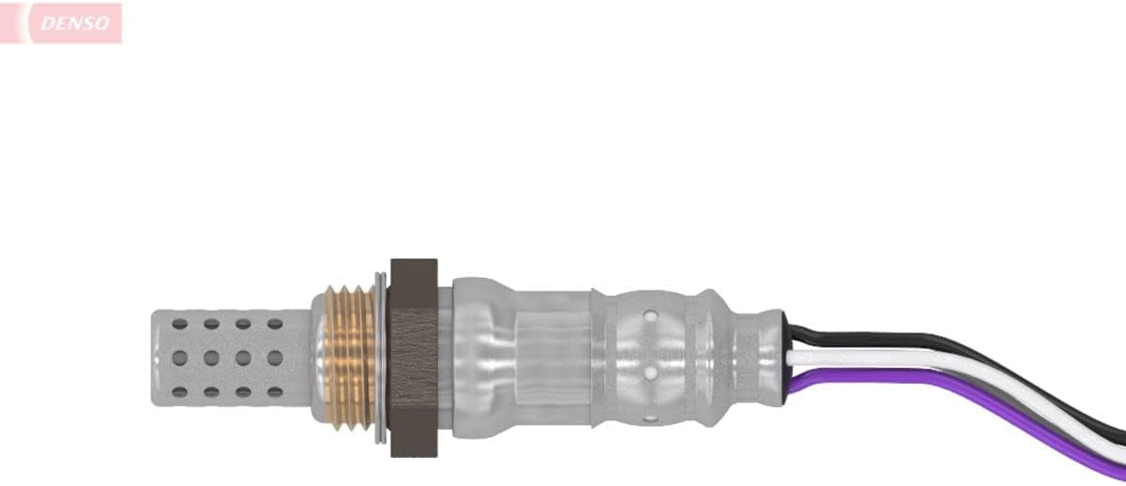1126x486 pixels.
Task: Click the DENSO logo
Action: (61, 23)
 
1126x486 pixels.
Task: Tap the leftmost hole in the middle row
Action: (179, 357)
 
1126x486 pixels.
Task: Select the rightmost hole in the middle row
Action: (275, 357)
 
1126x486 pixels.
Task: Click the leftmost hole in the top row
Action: (179, 325)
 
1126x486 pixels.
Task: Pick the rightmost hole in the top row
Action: (275, 325)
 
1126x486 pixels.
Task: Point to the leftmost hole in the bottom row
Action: (179, 392)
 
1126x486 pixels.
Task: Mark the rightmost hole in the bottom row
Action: (275, 392)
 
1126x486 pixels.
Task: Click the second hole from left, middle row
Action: (212, 357)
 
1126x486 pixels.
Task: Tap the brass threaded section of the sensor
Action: (349, 357)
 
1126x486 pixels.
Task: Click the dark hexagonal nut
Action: (414, 357)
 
